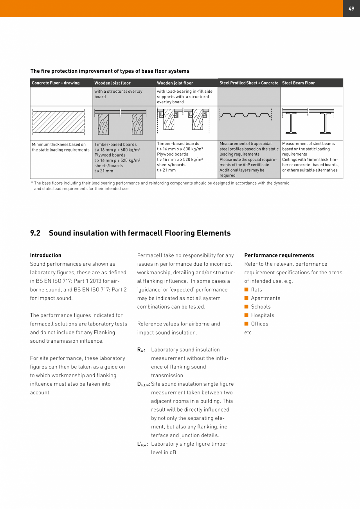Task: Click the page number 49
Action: click(x=351, y=9)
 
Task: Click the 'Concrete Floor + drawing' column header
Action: click(x=56, y=83)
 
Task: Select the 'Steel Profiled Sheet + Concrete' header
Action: click(x=248, y=83)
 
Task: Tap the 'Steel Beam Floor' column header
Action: click(x=298, y=83)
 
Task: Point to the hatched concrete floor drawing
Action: click(x=58, y=122)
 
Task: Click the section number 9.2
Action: click(x=35, y=233)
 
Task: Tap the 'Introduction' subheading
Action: click(x=46, y=255)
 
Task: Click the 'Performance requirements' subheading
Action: click(x=279, y=255)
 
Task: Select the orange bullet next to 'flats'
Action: click(x=247, y=290)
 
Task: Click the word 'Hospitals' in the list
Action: click(x=263, y=315)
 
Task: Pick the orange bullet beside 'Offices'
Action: click(x=247, y=324)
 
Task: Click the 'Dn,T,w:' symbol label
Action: click(x=144, y=384)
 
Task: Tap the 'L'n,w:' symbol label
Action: click(x=142, y=444)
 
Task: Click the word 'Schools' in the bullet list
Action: click(x=261, y=307)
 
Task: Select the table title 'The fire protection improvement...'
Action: click(x=110, y=71)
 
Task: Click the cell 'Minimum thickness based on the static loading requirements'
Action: click(x=61, y=147)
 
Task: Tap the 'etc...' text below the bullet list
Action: click(x=250, y=333)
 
